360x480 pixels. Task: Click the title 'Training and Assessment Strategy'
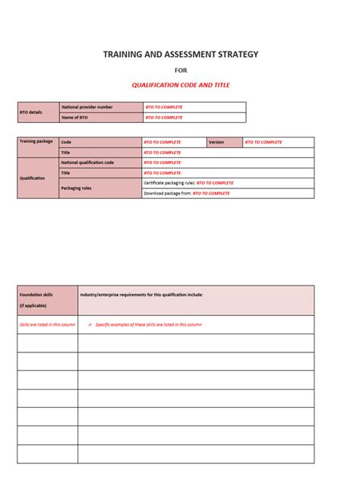(181, 54)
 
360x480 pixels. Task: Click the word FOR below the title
(181, 70)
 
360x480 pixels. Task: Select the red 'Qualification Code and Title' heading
(181, 85)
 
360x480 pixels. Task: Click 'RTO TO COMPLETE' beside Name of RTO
(164, 118)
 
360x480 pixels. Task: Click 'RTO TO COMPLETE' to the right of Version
(264, 142)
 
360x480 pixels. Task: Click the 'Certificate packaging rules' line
(188, 183)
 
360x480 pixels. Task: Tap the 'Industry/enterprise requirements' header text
(142, 294)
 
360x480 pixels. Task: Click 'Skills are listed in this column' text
(47, 324)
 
